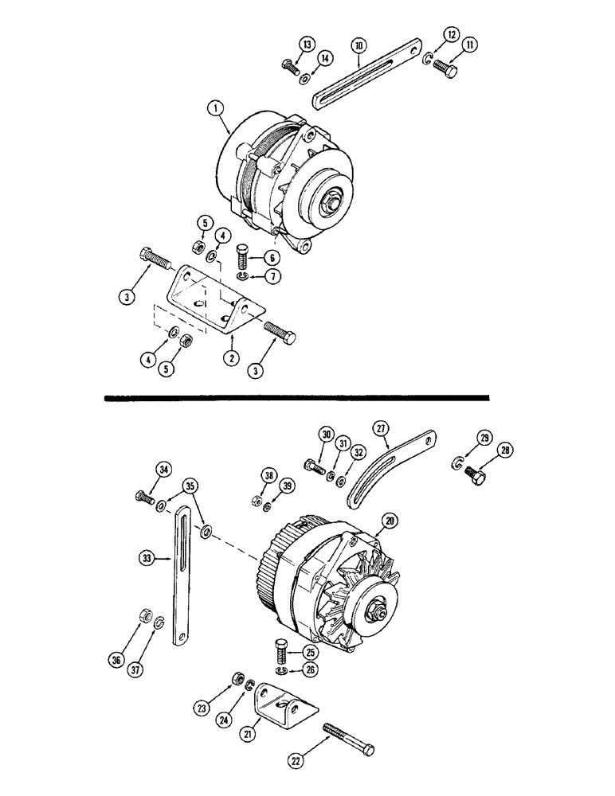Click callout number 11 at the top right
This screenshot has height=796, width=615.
click(470, 45)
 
